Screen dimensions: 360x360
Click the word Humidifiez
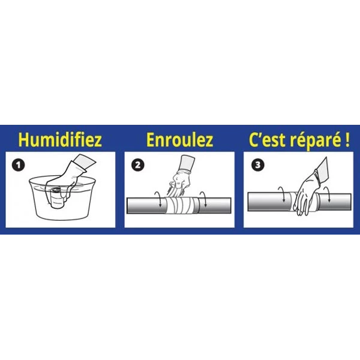[x=60, y=140]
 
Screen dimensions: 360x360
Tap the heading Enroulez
[x=180, y=140]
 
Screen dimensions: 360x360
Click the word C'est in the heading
[x=268, y=140]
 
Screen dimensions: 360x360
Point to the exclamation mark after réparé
[x=347, y=140]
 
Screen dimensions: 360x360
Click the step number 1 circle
[x=19, y=165]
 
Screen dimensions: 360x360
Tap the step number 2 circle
[x=138, y=165]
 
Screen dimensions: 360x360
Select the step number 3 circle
[x=257, y=165]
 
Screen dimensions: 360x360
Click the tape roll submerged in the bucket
[x=56, y=198]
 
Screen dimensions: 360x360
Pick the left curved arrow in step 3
[x=282, y=194]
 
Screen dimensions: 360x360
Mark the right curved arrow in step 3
[x=327, y=194]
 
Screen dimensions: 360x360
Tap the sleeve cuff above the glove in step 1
[x=86, y=163]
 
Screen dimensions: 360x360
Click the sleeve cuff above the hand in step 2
[x=187, y=163]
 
